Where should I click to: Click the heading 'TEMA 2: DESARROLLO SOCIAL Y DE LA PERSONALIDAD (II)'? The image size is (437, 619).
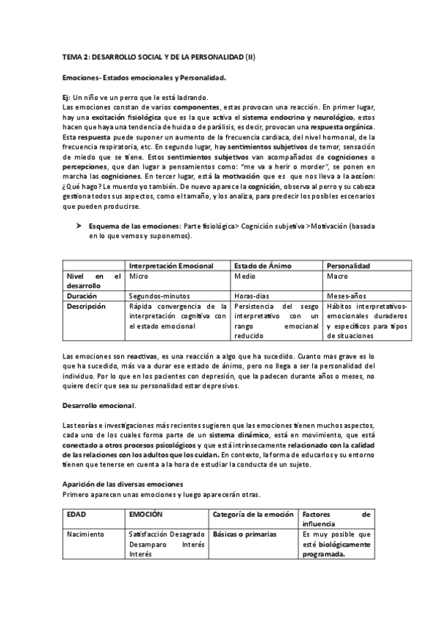coord(159,56)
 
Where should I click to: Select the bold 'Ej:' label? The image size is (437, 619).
coord(68,98)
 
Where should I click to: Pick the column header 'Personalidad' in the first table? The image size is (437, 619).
coord(347,266)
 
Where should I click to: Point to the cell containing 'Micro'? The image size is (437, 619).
coord(138,277)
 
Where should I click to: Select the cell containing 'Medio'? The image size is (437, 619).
coord(244,277)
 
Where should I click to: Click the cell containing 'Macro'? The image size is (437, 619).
coord(336,277)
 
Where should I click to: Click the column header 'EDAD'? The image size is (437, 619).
coord(76,515)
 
